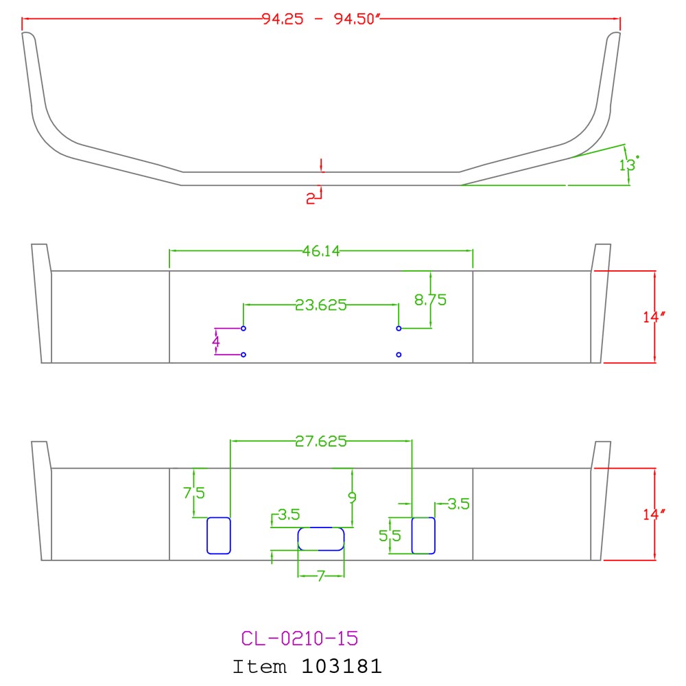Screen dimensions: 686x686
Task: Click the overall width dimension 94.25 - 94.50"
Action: coord(321,19)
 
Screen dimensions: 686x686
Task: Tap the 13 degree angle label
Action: coord(628,164)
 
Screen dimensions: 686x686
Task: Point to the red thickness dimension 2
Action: coord(310,199)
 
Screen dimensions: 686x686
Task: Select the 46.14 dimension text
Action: coord(321,250)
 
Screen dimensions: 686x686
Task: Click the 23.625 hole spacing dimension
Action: coord(320,305)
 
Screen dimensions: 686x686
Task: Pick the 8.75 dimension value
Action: coord(431,300)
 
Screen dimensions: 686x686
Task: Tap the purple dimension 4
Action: coord(215,341)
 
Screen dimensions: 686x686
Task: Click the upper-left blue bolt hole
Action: coord(244,328)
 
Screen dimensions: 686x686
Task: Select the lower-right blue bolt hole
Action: coord(399,355)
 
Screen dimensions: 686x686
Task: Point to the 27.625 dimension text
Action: coord(320,441)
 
